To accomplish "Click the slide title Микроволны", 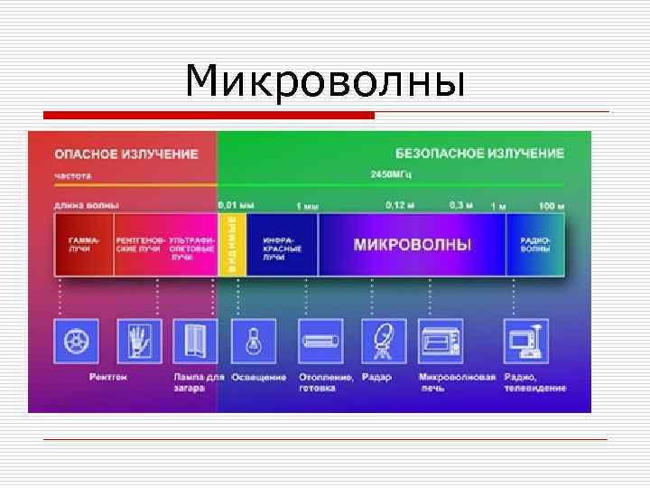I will pyautogui.click(x=325, y=82).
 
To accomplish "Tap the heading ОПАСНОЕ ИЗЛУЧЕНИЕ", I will pyautogui.click(x=126, y=154).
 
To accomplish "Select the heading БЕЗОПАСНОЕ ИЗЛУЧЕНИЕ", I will pyautogui.click(x=480, y=154).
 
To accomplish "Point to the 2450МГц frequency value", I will pyautogui.click(x=390, y=174).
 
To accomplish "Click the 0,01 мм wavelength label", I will pyautogui.click(x=236, y=205).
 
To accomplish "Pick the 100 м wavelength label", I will pyautogui.click(x=552, y=205).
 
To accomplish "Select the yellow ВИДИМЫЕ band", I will pyautogui.click(x=232, y=244).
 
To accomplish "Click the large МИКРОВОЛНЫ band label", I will pyautogui.click(x=412, y=244).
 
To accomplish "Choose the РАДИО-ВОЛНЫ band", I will pyautogui.click(x=534, y=244).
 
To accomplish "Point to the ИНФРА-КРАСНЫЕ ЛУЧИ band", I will pyautogui.click(x=282, y=244).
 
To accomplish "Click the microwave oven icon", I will pyautogui.click(x=441, y=342).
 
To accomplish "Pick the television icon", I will pyautogui.click(x=526, y=342).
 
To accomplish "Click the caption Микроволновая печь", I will pyautogui.click(x=457, y=382).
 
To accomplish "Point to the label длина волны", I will pyautogui.click(x=79, y=205).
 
